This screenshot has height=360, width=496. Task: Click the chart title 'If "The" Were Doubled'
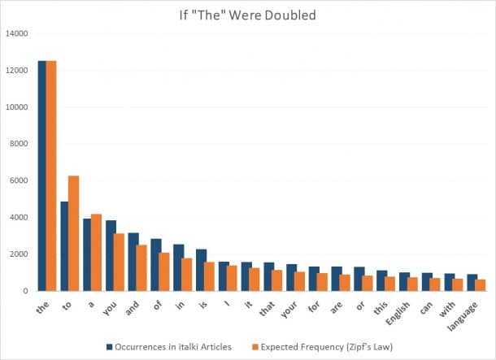tap(247, 15)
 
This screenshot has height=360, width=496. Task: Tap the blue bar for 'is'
tap(201, 270)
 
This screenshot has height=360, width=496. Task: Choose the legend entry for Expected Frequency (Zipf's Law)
tap(340, 347)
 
